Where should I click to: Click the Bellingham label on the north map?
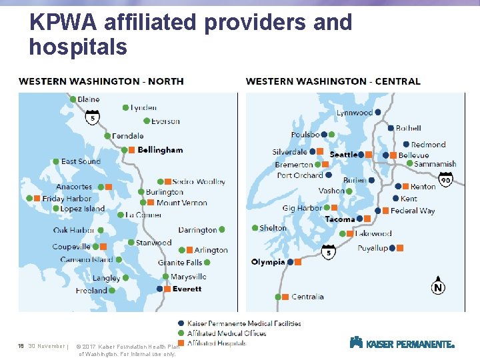tap(160, 150)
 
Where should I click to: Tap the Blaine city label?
tap(88, 99)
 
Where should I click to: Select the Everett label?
tap(187, 289)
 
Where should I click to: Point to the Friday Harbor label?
tap(67, 198)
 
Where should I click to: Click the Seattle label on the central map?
tap(344, 155)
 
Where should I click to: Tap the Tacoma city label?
tap(340, 219)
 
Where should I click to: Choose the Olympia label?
tap(268, 262)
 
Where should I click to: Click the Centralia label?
tap(307, 297)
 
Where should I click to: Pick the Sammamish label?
tap(435, 164)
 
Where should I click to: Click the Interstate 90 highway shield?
tap(446, 180)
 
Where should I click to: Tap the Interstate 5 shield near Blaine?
tap(93, 117)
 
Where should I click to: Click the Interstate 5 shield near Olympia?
tap(329, 253)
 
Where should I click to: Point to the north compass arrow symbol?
tap(438, 285)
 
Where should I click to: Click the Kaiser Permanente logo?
tap(402, 343)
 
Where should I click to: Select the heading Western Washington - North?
tap(101, 81)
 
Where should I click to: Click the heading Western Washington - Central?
tap(333, 81)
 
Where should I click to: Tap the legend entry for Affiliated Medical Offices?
tap(227, 333)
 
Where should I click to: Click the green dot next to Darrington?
tap(222, 230)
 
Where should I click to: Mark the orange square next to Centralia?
tap(285, 297)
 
